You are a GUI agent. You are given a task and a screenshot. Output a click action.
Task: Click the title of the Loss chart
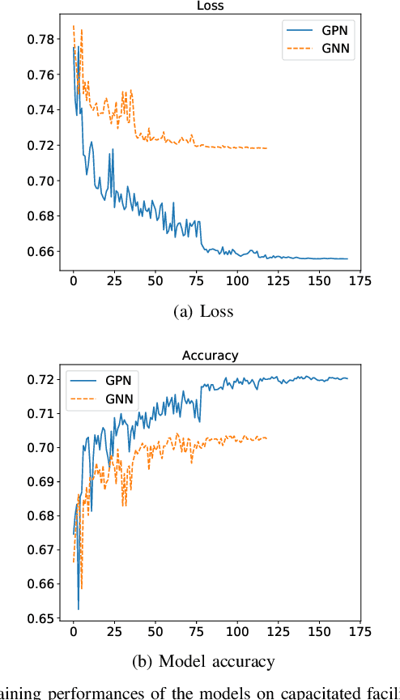[x=210, y=5]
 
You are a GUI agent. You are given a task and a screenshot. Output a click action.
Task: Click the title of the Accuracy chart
[x=210, y=355]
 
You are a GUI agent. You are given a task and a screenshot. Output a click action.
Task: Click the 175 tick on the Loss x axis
[x=360, y=280]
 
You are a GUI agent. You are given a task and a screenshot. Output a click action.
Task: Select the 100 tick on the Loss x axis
[x=236, y=280]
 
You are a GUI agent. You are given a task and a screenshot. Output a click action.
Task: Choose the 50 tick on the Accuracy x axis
[x=155, y=631]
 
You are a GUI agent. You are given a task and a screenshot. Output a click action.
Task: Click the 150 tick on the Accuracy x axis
[x=318, y=631]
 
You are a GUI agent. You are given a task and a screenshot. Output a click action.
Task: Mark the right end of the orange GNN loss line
[x=267, y=148]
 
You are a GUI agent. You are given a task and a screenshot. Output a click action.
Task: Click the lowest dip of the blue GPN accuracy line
[x=79, y=609]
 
